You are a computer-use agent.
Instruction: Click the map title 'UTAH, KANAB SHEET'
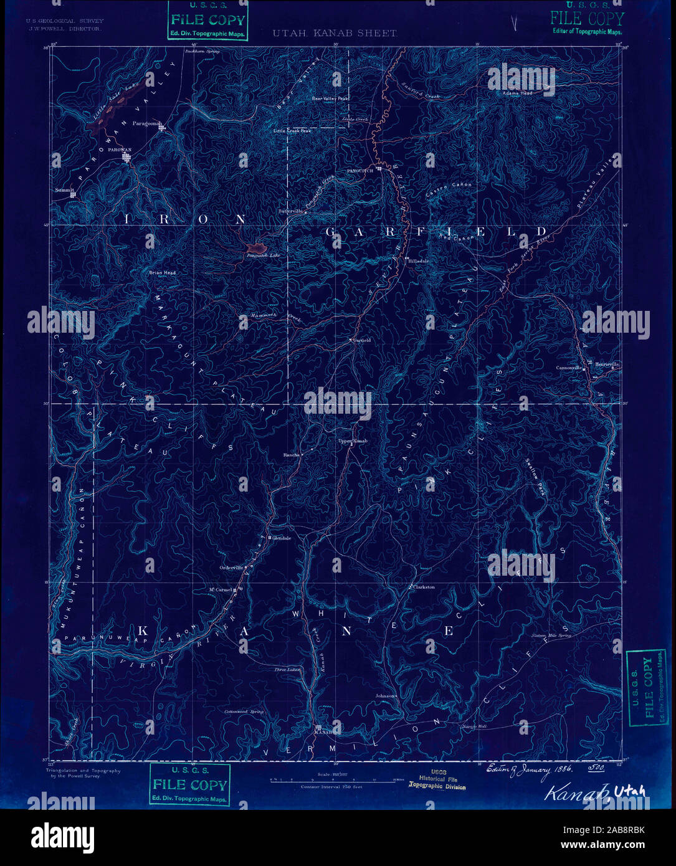pyautogui.click(x=334, y=33)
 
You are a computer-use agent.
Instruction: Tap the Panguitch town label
pyautogui.click(x=360, y=170)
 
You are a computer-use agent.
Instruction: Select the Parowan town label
pyautogui.click(x=120, y=150)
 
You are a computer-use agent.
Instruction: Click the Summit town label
pyautogui.click(x=64, y=189)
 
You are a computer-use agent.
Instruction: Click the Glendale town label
pyautogui.click(x=282, y=538)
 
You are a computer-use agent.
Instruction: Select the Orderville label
pyautogui.click(x=231, y=567)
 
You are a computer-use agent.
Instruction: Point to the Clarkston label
pyautogui.click(x=424, y=587)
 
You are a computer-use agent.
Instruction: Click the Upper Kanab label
pyautogui.click(x=353, y=441)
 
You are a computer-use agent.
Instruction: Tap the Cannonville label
pyautogui.click(x=569, y=368)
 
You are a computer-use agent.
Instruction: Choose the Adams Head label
pyautogui.click(x=518, y=93)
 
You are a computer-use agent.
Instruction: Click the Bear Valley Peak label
pyautogui.click(x=330, y=98)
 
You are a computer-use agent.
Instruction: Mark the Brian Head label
pyautogui.click(x=162, y=273)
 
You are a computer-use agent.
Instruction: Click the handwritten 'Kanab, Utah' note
pyautogui.click(x=594, y=792)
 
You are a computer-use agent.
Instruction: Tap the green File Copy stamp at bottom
pyautogui.click(x=190, y=784)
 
